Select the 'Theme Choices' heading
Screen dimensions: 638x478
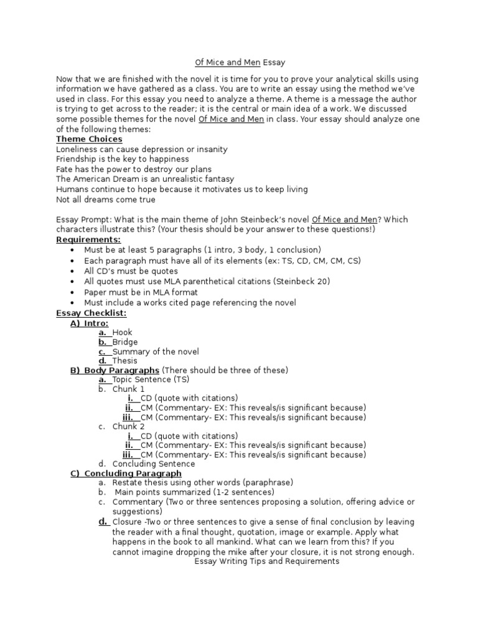pyautogui.click(x=89, y=139)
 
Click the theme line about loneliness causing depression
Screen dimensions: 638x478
pyautogui.click(x=141, y=150)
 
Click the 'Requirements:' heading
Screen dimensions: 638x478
pyautogui.click(x=88, y=239)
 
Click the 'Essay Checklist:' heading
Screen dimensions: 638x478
pyautogui.click(x=91, y=313)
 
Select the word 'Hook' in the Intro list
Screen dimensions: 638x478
pyautogui.click(x=122, y=333)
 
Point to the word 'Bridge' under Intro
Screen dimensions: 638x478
pyautogui.click(x=125, y=342)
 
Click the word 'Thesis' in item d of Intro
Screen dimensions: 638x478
pyautogui.click(x=125, y=361)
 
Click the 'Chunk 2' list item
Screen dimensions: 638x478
pyautogui.click(x=128, y=426)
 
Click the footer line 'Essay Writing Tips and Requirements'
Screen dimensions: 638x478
pyautogui.click(x=266, y=561)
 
